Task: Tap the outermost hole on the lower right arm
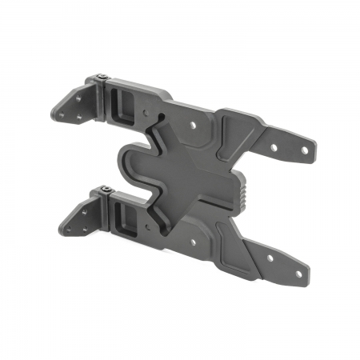point(298,274)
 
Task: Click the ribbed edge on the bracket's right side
point(240,198)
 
